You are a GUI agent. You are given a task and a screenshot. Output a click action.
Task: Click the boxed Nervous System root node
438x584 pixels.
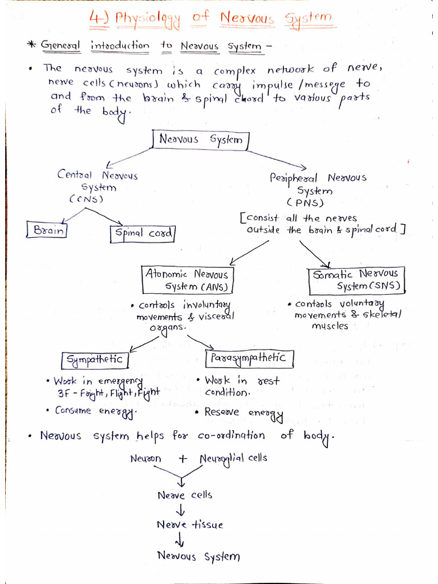coord(200,140)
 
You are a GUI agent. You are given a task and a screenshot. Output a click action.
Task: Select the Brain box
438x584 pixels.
coord(47,230)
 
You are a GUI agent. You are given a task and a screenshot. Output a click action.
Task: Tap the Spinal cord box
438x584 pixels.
coord(143,233)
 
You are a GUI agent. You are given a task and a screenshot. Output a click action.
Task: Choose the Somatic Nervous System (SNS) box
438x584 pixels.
coord(356,279)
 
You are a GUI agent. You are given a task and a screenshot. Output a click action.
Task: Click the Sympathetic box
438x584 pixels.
coord(95,360)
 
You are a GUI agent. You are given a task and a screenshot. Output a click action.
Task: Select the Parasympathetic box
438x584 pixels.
coord(249,358)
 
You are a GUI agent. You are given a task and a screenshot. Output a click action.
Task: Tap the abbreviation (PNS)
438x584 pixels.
coord(306,202)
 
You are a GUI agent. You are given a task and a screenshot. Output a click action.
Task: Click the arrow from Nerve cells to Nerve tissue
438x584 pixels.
coord(181,510)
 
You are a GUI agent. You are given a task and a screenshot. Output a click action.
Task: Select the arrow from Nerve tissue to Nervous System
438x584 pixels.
coord(181,540)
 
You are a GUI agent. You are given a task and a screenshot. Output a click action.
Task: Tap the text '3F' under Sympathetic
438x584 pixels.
coord(63,394)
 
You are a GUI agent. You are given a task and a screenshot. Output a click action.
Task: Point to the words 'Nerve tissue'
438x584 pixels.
coord(190,525)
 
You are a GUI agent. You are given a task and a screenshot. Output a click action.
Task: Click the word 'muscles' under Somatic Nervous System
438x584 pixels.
coord(329,326)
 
